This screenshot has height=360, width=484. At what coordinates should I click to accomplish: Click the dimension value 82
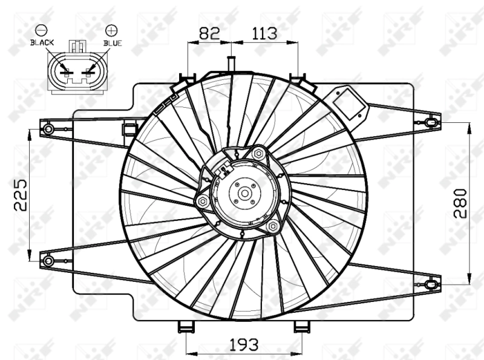tap(209, 33)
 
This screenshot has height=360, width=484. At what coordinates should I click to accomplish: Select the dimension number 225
tap(21, 194)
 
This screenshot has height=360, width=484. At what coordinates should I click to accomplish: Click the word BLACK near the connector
tap(42, 43)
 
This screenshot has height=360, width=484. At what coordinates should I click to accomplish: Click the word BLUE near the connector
tap(113, 43)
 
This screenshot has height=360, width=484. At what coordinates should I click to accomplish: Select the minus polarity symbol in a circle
tap(41, 29)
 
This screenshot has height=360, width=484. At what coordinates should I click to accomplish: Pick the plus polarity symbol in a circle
tap(111, 29)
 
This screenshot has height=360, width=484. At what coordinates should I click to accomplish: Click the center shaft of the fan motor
tap(245, 194)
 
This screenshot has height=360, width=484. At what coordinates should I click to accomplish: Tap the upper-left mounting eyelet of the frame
tap(48, 128)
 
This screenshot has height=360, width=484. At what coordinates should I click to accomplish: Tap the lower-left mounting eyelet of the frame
tap(48, 260)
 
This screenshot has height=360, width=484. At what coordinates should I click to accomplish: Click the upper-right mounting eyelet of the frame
tap(430, 123)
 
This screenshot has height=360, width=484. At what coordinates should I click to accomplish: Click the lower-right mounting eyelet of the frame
tap(430, 283)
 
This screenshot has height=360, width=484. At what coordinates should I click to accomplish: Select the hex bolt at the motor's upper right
tap(259, 154)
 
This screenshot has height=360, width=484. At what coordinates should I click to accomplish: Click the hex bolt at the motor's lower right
tap(273, 226)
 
